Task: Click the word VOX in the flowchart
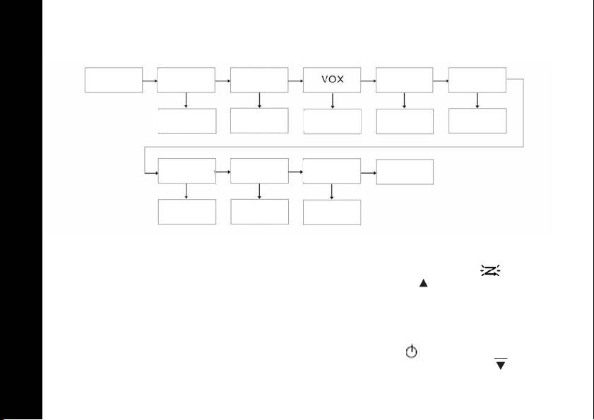point(332,80)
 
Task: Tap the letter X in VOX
point(340,80)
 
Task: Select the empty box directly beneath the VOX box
point(332,121)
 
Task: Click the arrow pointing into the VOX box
point(296,80)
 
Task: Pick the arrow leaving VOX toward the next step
point(369,80)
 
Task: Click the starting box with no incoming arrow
point(114,80)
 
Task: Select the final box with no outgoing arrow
point(405,171)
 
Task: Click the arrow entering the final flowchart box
point(369,172)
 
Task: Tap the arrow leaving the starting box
point(150,80)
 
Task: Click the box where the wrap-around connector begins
point(477,80)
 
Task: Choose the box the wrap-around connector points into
point(186,171)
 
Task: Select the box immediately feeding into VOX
point(259,80)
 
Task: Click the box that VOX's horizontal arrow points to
point(405,80)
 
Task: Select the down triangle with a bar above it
point(501,364)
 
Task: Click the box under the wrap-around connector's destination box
point(186,212)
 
